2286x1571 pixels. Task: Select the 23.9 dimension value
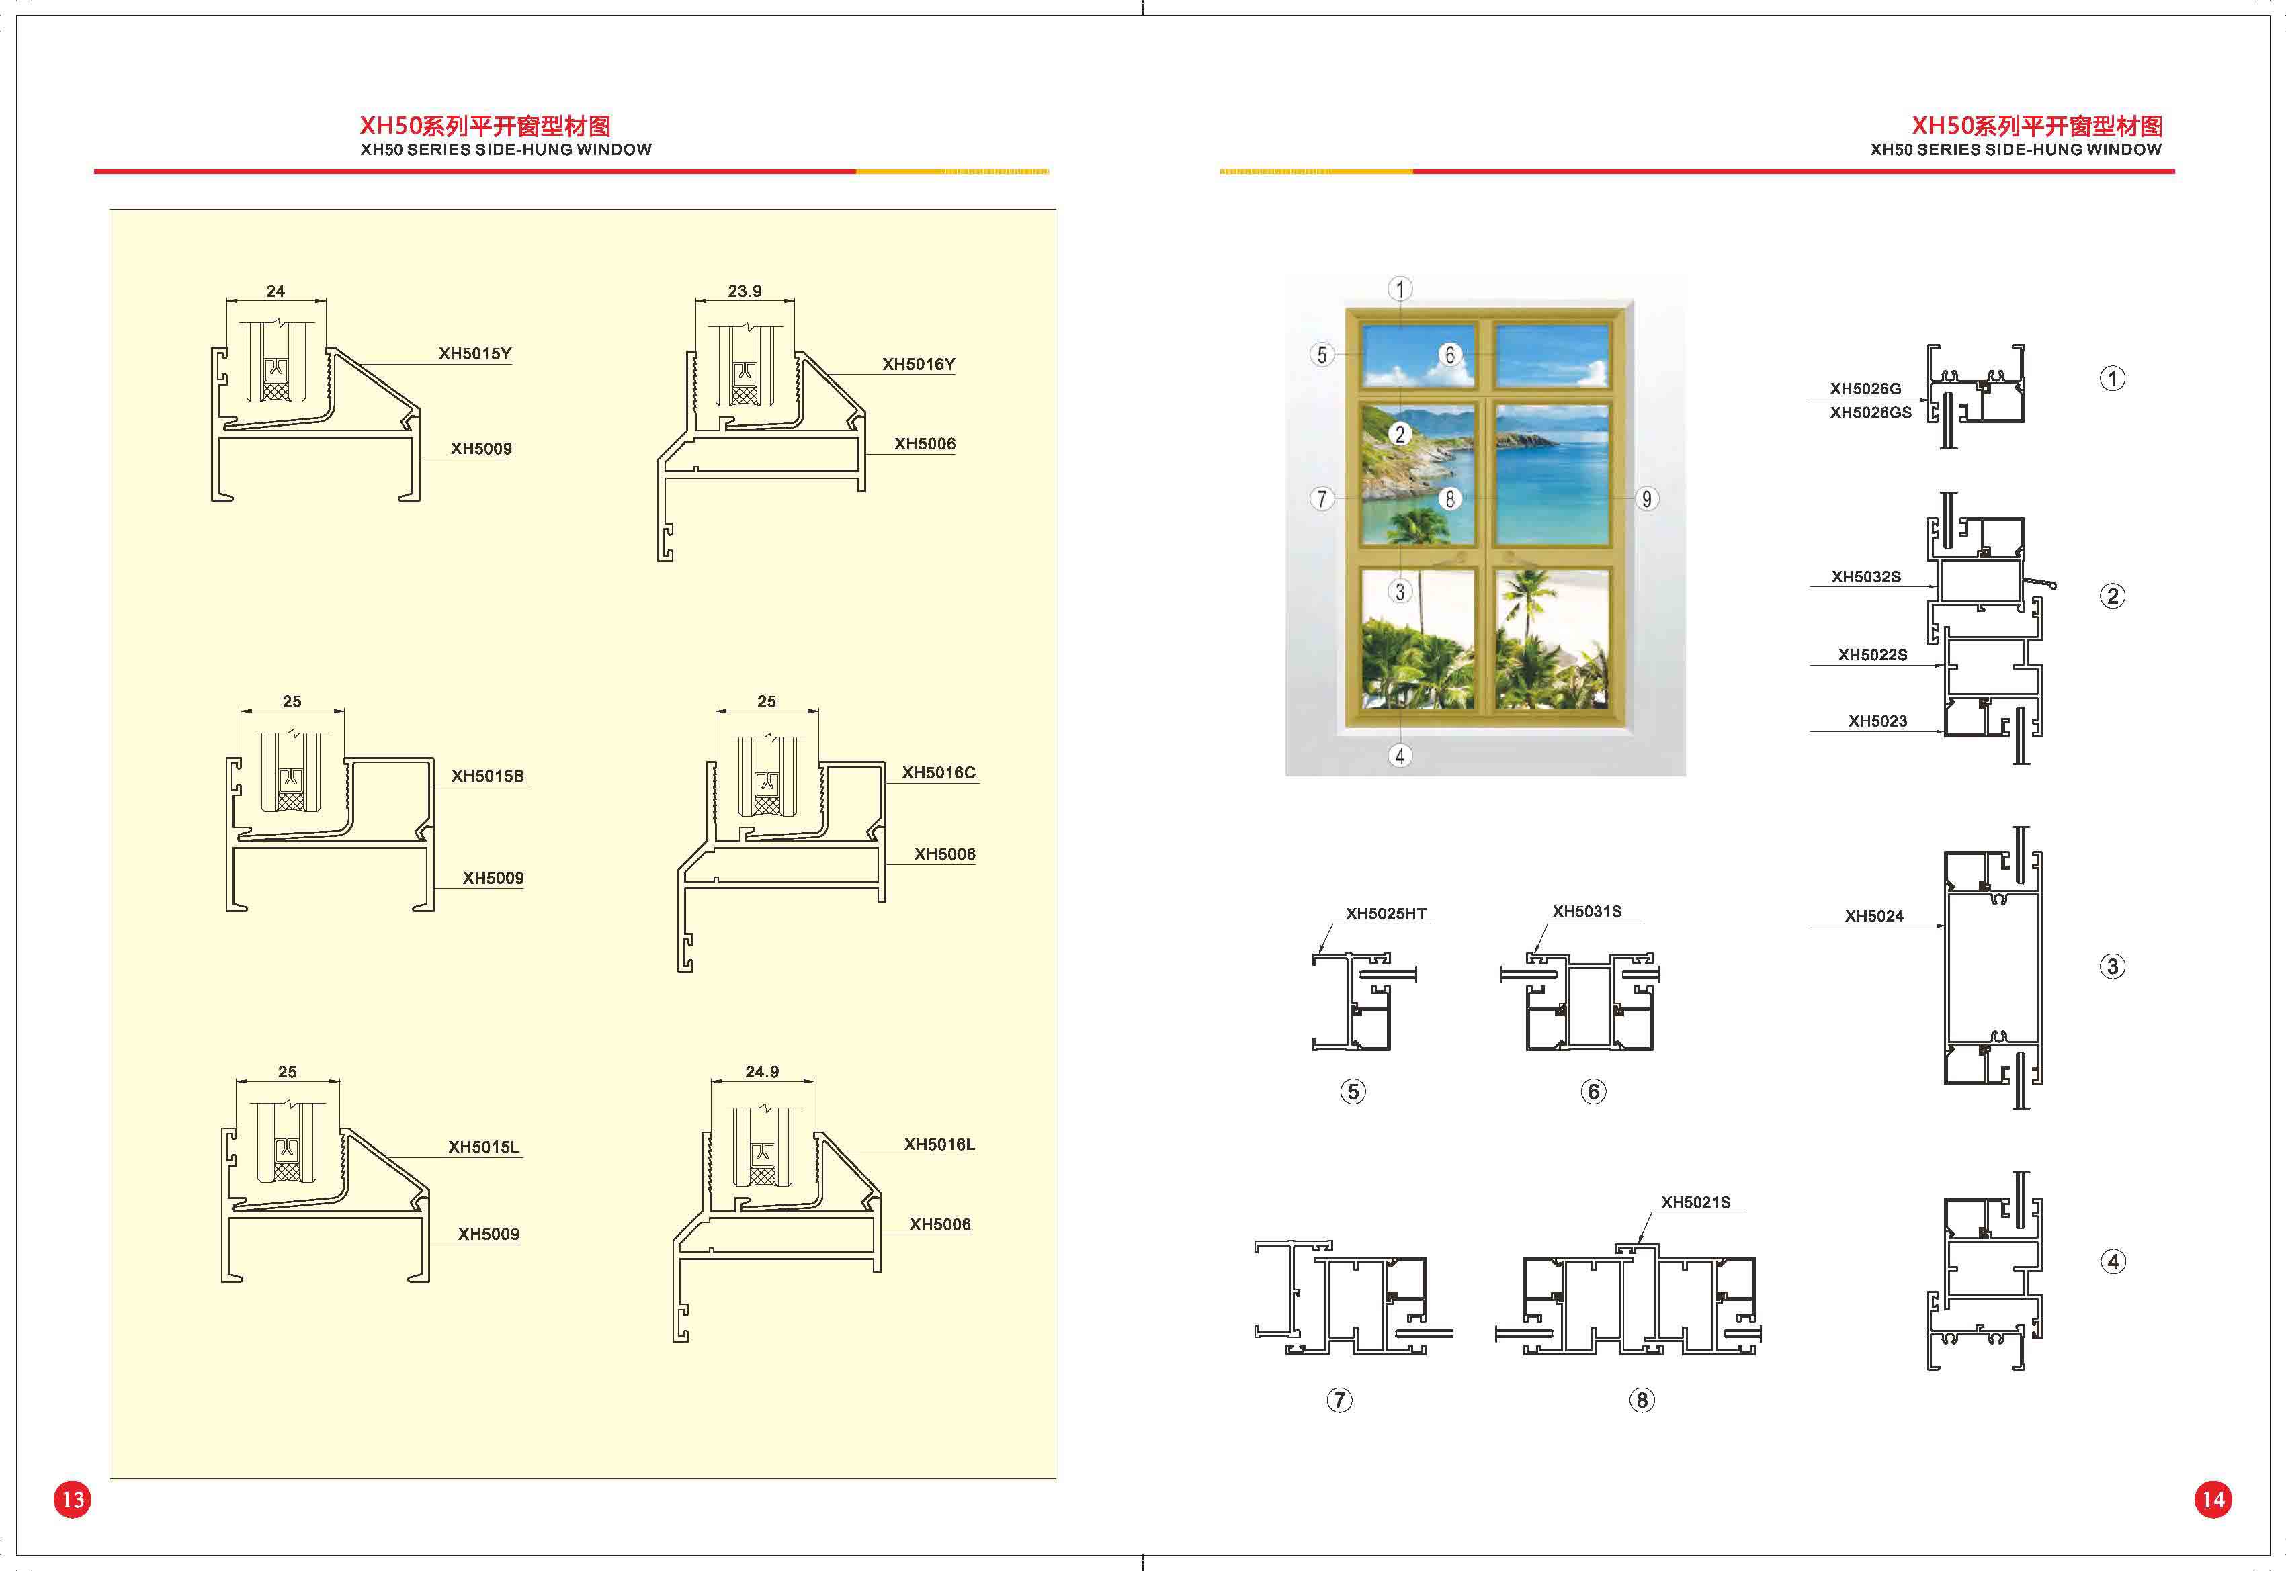click(x=745, y=291)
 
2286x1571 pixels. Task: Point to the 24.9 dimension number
click(x=762, y=1072)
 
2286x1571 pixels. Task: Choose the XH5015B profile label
click(x=487, y=776)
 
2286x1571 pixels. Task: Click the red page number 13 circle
click(x=73, y=1499)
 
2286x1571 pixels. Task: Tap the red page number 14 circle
click(x=2213, y=1499)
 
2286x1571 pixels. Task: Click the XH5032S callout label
click(x=1865, y=578)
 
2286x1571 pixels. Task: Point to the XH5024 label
click(x=1873, y=916)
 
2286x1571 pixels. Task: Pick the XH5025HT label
click(x=1386, y=914)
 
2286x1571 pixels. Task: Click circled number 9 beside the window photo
click(x=1646, y=499)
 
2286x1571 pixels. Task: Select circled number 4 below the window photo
click(x=1400, y=756)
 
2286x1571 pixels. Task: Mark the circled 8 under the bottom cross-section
click(x=1641, y=1400)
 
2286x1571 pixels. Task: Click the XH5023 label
click(x=1877, y=721)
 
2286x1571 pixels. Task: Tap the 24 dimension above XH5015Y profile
click(x=276, y=292)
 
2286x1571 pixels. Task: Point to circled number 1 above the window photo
click(x=1400, y=288)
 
